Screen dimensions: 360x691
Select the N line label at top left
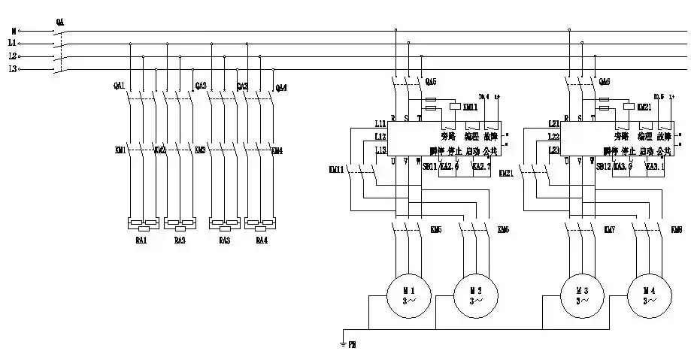13,32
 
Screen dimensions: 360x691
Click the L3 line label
13,69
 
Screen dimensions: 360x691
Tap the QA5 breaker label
430,81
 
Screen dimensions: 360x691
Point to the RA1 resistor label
141,241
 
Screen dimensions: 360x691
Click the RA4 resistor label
261,241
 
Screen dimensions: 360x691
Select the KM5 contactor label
435,228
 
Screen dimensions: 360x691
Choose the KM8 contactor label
677,228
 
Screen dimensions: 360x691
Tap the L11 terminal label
380,123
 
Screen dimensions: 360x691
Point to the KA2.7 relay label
482,167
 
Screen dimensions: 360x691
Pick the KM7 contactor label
611,228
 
